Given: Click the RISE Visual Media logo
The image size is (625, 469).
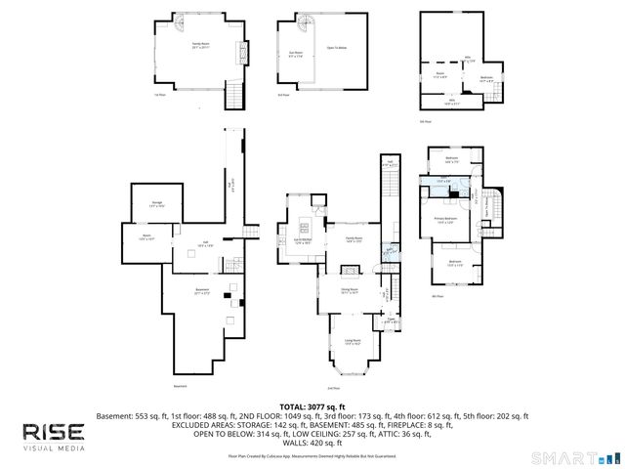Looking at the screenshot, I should [54, 436].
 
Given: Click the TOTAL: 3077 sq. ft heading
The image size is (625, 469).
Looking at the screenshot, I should [312, 405].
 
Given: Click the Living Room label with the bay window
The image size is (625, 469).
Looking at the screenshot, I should [353, 342].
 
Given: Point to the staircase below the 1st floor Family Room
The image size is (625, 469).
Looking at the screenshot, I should [233, 95].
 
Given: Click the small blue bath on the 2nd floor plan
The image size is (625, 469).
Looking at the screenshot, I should [389, 251].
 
